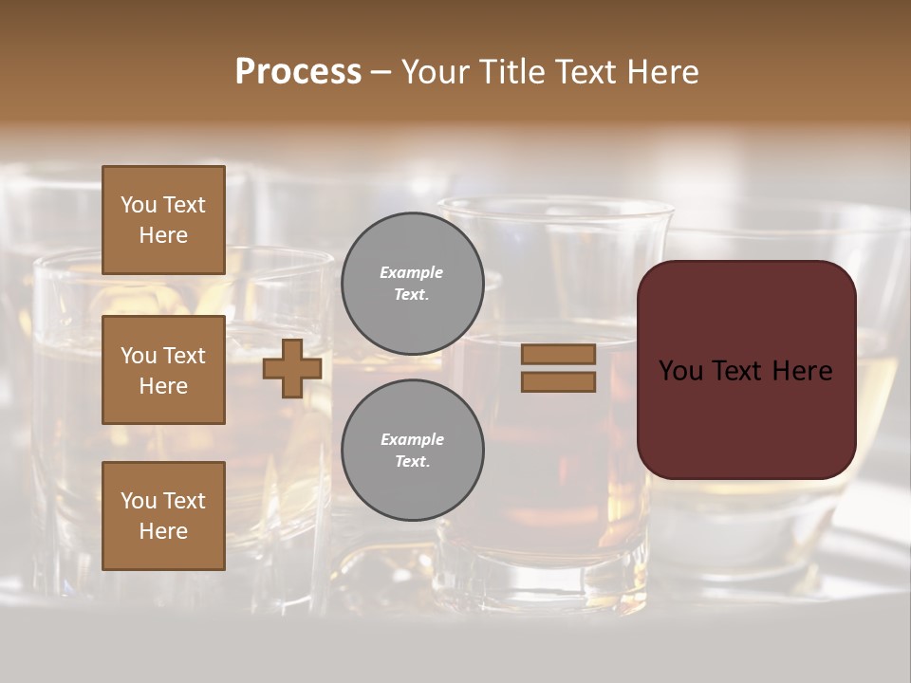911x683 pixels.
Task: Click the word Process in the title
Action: [x=298, y=72]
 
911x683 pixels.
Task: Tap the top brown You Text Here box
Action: [x=163, y=220]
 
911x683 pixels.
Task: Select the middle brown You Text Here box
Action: [x=163, y=370]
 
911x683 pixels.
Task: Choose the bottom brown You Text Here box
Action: [x=163, y=515]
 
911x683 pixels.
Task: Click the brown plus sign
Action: [x=292, y=368]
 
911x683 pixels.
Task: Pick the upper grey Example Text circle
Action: [x=413, y=283]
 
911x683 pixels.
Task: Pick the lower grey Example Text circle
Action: [x=413, y=450]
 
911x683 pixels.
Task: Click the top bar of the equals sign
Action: [x=559, y=354]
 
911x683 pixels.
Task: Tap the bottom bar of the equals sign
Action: [x=559, y=381]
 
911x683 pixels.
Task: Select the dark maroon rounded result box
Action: [x=746, y=417]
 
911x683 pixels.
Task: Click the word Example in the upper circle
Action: [x=412, y=272]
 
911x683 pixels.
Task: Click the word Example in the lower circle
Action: [x=412, y=439]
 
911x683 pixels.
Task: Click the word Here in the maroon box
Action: [x=803, y=371]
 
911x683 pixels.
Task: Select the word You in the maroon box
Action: [x=681, y=371]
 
